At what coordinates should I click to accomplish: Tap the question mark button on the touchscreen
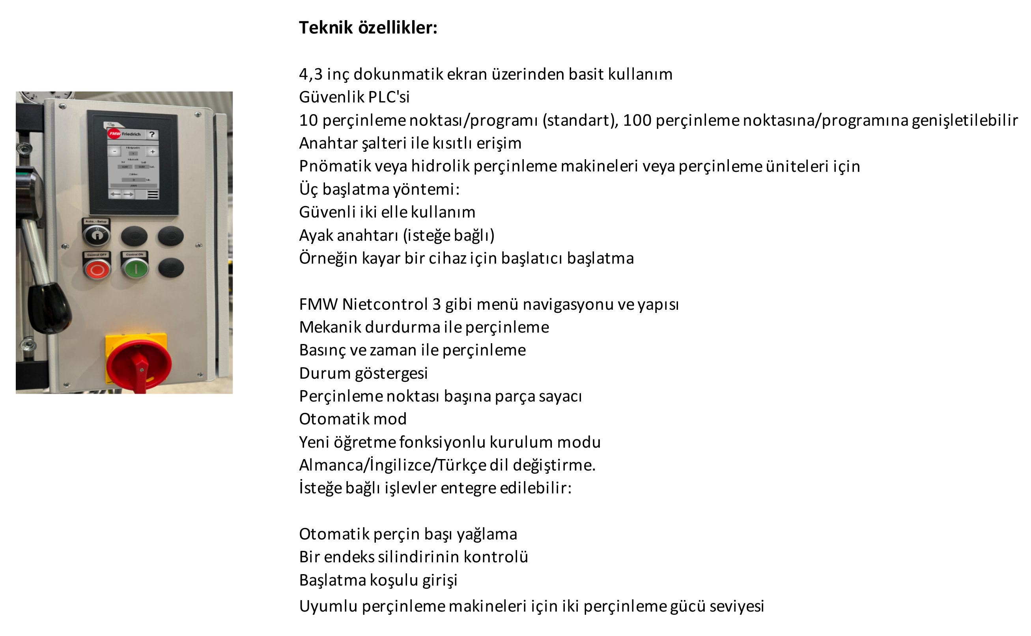point(152,135)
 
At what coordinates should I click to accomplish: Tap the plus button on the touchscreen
point(153,151)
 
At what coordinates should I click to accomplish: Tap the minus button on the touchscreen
point(114,151)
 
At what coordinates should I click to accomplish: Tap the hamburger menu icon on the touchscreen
point(153,194)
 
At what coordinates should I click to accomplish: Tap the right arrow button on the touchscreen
point(129,194)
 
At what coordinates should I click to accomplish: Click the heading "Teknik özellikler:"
point(368,28)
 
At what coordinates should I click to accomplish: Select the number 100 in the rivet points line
point(637,120)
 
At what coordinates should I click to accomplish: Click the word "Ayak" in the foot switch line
point(315,235)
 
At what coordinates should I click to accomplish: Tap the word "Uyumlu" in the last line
point(328,606)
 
